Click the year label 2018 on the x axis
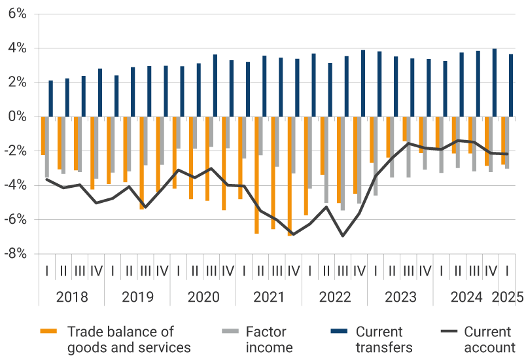72,297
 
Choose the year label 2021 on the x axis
269,297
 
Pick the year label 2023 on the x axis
400,297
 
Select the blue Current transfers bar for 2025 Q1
511,85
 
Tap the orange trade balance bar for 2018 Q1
43,135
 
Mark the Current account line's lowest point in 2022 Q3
342,236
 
